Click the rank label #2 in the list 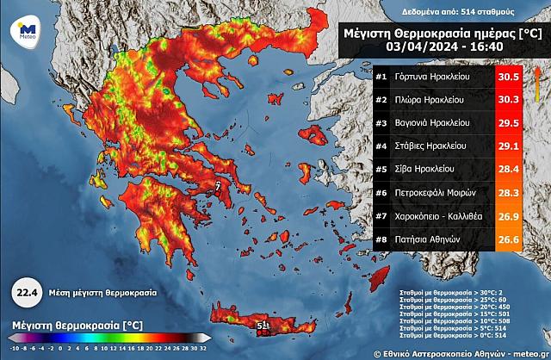(x=381, y=100)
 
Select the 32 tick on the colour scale (x=203, y=350)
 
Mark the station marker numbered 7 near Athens (x=218, y=184)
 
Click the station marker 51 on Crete (x=263, y=325)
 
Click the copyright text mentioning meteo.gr (x=461, y=353)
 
